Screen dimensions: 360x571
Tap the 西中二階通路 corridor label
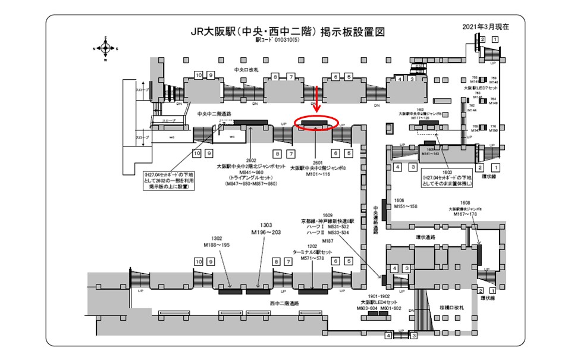coord(282,303)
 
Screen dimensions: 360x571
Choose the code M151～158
coord(406,206)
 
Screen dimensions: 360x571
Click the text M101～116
coord(315,175)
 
